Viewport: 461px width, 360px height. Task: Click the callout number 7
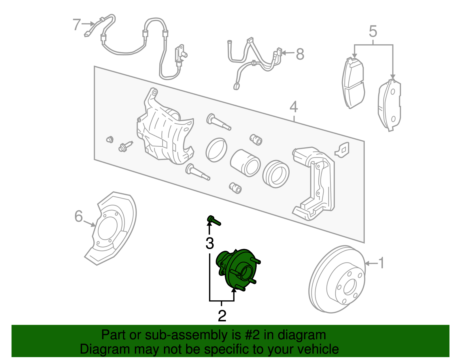(76, 24)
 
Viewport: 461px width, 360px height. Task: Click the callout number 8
(300, 54)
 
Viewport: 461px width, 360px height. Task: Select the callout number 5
(373, 31)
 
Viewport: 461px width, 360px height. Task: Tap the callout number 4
(293, 107)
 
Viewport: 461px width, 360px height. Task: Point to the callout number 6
(78, 216)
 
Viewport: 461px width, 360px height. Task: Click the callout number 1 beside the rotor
(381, 263)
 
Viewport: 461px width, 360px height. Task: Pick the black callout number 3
(210, 244)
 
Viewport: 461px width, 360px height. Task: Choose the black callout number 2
(222, 316)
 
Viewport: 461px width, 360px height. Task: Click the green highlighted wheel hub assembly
(238, 269)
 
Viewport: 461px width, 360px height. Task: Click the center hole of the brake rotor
(350, 287)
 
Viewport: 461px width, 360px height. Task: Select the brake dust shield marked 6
(112, 228)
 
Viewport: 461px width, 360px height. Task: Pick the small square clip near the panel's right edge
(343, 150)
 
